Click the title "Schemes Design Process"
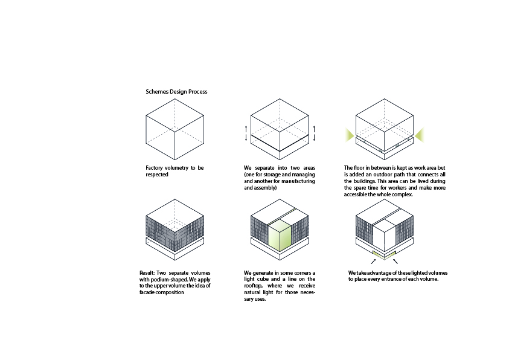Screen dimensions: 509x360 (176, 92)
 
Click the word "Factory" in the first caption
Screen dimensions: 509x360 (154, 168)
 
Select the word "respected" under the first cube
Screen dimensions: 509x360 (157, 175)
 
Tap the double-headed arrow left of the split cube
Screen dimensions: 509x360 (246, 133)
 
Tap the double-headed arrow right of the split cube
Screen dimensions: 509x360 (314, 133)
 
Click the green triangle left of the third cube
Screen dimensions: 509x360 (349, 135)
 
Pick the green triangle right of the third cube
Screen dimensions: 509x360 (420, 135)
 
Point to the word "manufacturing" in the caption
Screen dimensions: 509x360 (298, 181)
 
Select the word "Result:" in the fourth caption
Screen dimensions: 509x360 (147, 273)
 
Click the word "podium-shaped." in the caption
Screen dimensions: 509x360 (169, 280)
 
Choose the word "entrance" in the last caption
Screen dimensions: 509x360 (409, 279)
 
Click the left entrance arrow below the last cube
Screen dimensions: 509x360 (373, 262)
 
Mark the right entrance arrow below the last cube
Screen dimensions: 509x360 (395, 262)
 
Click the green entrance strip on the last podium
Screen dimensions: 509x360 (385, 255)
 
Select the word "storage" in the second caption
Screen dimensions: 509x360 (272, 175)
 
